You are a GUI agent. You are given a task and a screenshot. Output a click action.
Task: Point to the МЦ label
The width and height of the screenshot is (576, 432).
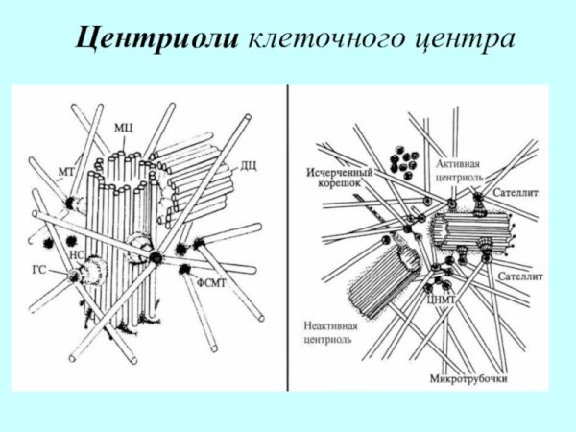(123, 127)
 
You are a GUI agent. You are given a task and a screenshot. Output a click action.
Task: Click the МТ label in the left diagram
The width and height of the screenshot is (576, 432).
(66, 172)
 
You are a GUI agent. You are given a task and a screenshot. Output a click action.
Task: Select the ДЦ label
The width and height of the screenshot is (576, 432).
(248, 166)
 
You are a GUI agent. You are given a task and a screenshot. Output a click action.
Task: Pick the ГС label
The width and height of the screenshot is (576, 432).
(40, 272)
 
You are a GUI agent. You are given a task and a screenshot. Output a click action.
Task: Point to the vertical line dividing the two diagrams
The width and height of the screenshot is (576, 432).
(288, 240)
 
